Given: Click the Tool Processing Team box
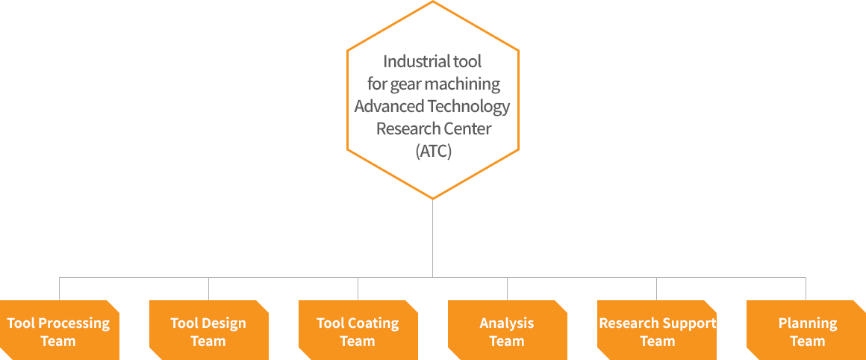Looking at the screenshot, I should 58,331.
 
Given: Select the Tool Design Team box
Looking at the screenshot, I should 208,331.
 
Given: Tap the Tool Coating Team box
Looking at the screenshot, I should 358,331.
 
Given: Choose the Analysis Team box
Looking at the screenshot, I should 507,331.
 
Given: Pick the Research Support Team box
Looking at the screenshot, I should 656,331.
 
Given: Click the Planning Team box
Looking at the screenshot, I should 806,331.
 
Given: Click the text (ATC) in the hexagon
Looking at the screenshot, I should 433,151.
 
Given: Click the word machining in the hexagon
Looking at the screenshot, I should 462,84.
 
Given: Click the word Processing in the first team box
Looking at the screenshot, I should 73,323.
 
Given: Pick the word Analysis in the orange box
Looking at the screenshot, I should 507,323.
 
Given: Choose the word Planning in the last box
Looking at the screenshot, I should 807,323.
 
